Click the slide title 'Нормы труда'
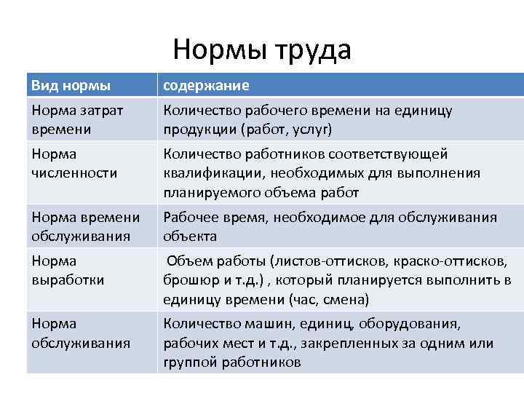coord(262,50)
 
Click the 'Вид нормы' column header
coord(71,86)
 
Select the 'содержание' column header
coord(206,86)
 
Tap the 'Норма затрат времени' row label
coord(77,119)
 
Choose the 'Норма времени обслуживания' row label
coord(86,226)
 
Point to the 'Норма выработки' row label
coord(68,270)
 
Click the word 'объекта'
coord(189,237)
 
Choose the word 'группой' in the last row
coord(188,362)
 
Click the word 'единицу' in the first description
coord(424,111)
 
